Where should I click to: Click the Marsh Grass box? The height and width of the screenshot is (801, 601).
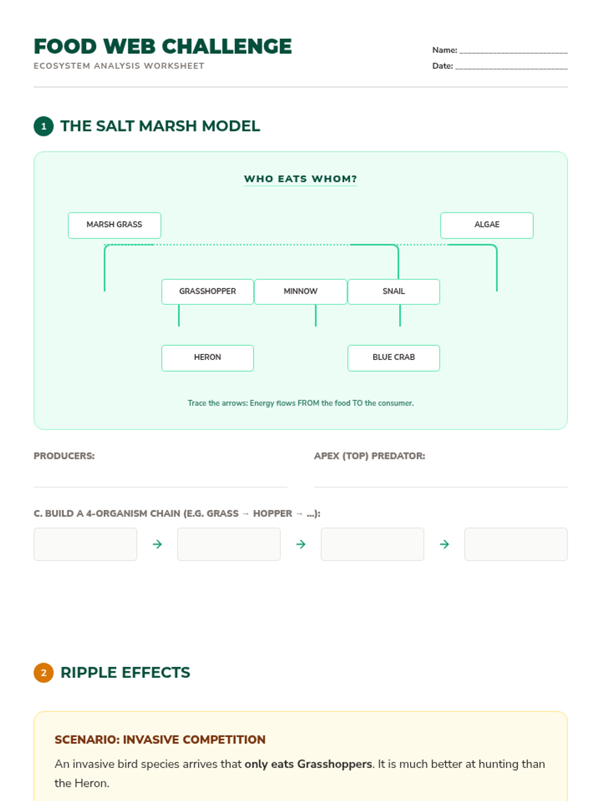tap(114, 225)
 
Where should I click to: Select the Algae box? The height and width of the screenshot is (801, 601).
tap(486, 225)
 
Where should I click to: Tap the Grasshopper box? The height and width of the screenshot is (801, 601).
tap(207, 291)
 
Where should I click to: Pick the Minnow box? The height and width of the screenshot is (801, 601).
tap(300, 291)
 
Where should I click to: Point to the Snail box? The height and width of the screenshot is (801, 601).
tap(393, 291)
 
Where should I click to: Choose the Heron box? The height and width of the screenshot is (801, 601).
tap(207, 357)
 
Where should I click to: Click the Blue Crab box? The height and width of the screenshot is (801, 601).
tap(393, 357)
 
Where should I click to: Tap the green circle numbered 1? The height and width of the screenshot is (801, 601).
tap(44, 126)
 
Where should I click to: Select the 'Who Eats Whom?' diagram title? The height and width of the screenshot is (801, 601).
tap(300, 179)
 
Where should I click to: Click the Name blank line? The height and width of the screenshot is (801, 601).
tap(513, 53)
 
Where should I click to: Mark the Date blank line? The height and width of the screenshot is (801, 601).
tap(511, 69)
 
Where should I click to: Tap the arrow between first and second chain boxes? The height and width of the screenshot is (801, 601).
tap(157, 544)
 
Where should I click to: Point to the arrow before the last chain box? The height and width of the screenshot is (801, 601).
tap(444, 544)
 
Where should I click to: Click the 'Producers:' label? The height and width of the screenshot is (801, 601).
tap(64, 456)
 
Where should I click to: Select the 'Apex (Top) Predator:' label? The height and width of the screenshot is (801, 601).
tap(369, 456)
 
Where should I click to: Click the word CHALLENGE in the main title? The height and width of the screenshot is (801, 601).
tap(226, 47)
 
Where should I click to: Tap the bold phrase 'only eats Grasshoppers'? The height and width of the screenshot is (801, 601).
tap(308, 764)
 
